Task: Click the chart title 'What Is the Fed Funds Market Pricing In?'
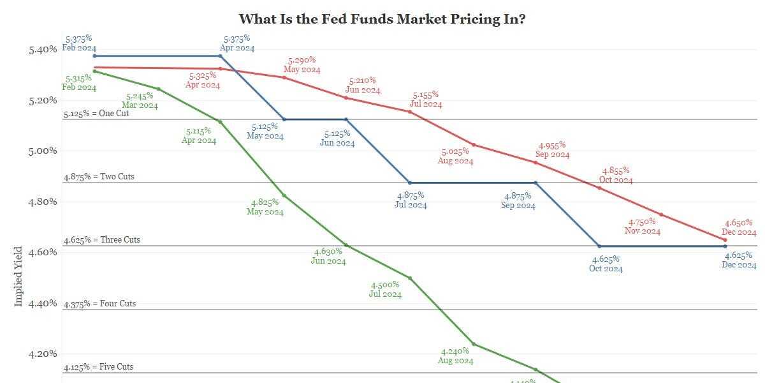382,19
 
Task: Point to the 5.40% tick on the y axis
43,50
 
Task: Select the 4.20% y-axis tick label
43,354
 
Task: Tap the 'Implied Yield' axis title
18,276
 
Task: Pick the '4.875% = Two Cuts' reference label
99,176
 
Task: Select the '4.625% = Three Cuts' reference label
101,240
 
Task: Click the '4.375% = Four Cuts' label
99,304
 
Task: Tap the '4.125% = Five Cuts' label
99,367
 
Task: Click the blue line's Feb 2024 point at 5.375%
94,56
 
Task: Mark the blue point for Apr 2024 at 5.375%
221,56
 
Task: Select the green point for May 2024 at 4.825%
284,195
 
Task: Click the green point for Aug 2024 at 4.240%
473,344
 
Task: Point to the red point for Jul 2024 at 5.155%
410,112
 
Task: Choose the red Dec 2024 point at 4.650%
725,240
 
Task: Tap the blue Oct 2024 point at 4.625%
599,246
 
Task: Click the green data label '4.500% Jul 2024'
385,289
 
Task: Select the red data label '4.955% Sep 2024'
552,150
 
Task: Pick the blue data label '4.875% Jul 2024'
411,200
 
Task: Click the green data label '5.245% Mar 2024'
140,101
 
